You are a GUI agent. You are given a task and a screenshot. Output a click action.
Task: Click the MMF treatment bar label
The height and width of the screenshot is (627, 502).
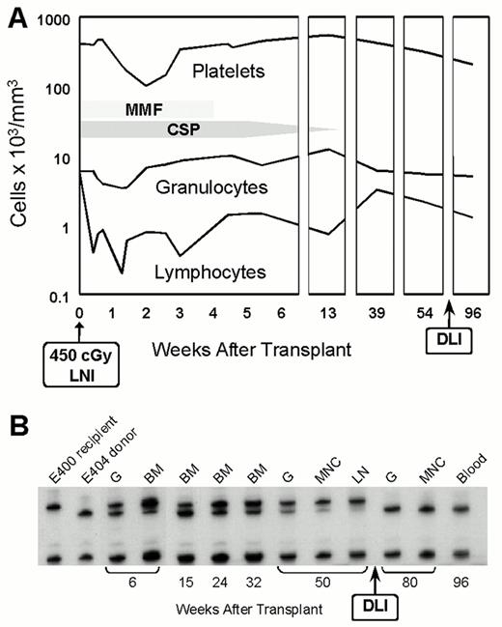click(x=143, y=110)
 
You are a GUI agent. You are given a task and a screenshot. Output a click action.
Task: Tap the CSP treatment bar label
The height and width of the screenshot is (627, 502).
click(x=145, y=129)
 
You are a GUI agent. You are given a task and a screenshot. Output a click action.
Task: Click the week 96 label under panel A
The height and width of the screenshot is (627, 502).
click(x=475, y=314)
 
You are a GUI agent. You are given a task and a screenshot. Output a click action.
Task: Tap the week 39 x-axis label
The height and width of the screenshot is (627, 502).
click(x=378, y=314)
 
